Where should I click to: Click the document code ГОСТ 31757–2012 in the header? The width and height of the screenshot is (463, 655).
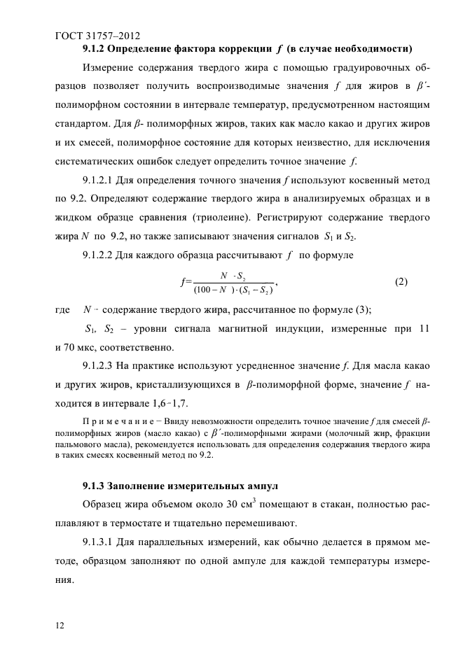[x=101, y=33]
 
